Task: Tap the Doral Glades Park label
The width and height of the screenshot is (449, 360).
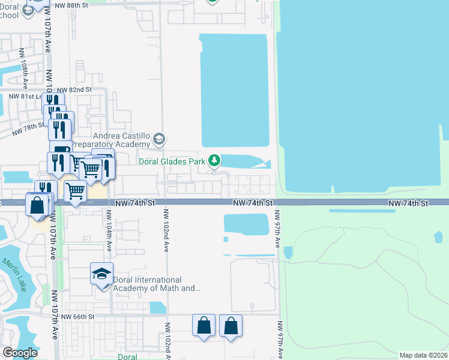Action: click(172, 161)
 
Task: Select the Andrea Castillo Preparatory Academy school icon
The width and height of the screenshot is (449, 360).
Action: click(158, 140)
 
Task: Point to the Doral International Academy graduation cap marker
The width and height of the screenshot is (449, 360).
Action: click(101, 274)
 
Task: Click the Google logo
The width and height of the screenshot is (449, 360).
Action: click(19, 353)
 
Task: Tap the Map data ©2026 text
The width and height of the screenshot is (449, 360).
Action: click(423, 355)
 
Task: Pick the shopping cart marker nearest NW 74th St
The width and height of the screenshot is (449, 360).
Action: click(75, 192)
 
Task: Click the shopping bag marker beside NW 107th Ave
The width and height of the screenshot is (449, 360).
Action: click(37, 205)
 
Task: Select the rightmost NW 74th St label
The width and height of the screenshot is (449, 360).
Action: click(408, 204)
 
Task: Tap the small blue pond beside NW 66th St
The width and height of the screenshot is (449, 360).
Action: click(157, 307)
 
